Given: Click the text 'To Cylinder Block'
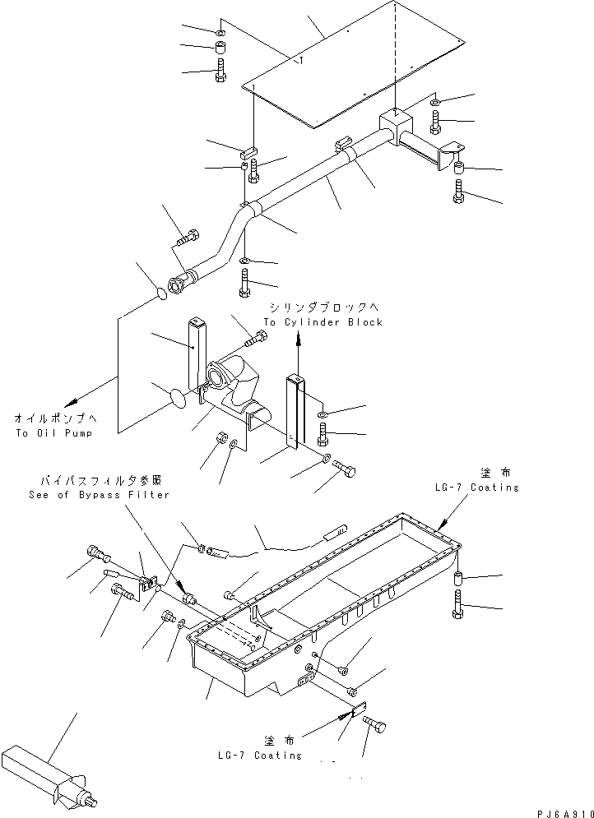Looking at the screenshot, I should pos(323,322).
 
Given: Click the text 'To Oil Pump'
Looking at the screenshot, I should pos(53,432).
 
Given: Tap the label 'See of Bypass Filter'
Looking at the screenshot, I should pos(98,495).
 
